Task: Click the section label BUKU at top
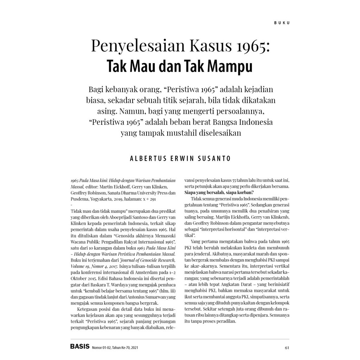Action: [282, 23]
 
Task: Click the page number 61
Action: [287, 348]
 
